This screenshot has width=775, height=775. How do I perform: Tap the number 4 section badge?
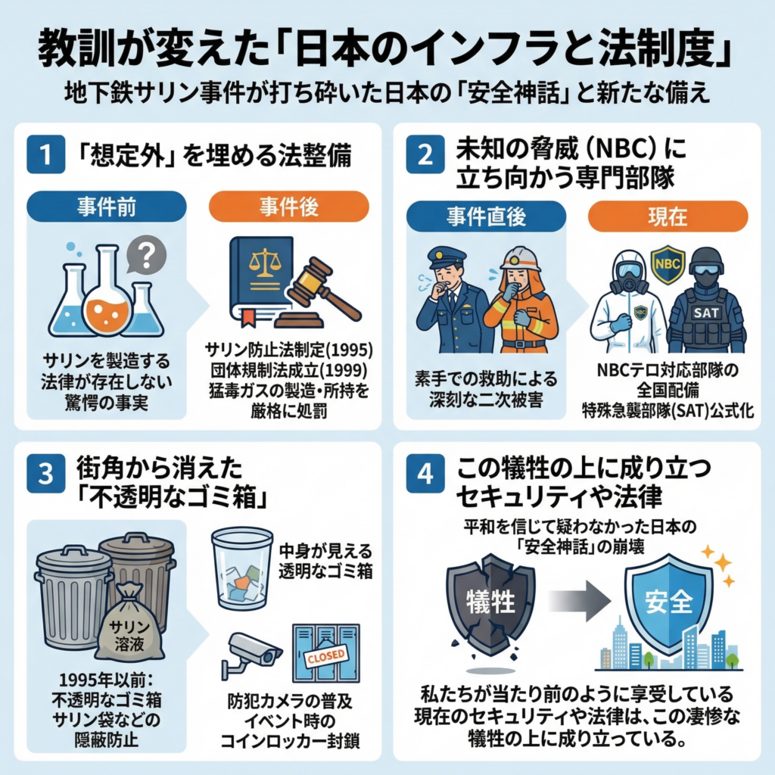425,475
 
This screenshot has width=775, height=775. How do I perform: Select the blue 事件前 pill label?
106,206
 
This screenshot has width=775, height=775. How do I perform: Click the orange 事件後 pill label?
288,206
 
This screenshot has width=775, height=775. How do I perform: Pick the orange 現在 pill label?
668,216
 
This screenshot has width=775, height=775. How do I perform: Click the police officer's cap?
446,257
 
